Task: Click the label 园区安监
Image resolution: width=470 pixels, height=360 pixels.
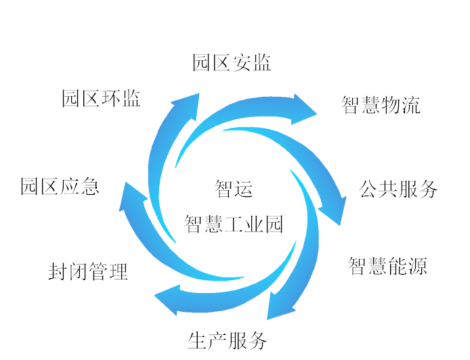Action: pyautogui.click(x=232, y=63)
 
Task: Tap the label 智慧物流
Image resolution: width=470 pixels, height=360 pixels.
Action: pyautogui.click(x=381, y=106)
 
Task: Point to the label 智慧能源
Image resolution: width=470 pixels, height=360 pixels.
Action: pyautogui.click(x=388, y=266)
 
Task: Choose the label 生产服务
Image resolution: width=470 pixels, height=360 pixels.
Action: pyautogui.click(x=228, y=340)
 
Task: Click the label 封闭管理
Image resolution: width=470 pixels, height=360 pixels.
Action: pyautogui.click(x=88, y=272)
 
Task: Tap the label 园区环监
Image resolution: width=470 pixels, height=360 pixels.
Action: pyautogui.click(x=102, y=99)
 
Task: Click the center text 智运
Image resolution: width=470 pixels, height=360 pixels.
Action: pyautogui.click(x=234, y=188)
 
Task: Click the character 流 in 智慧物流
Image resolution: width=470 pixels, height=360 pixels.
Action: pyautogui.click(x=411, y=106)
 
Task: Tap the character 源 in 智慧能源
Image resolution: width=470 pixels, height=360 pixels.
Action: pyautogui.click(x=418, y=266)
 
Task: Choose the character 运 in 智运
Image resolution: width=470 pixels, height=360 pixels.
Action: pyautogui.click(x=243, y=188)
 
